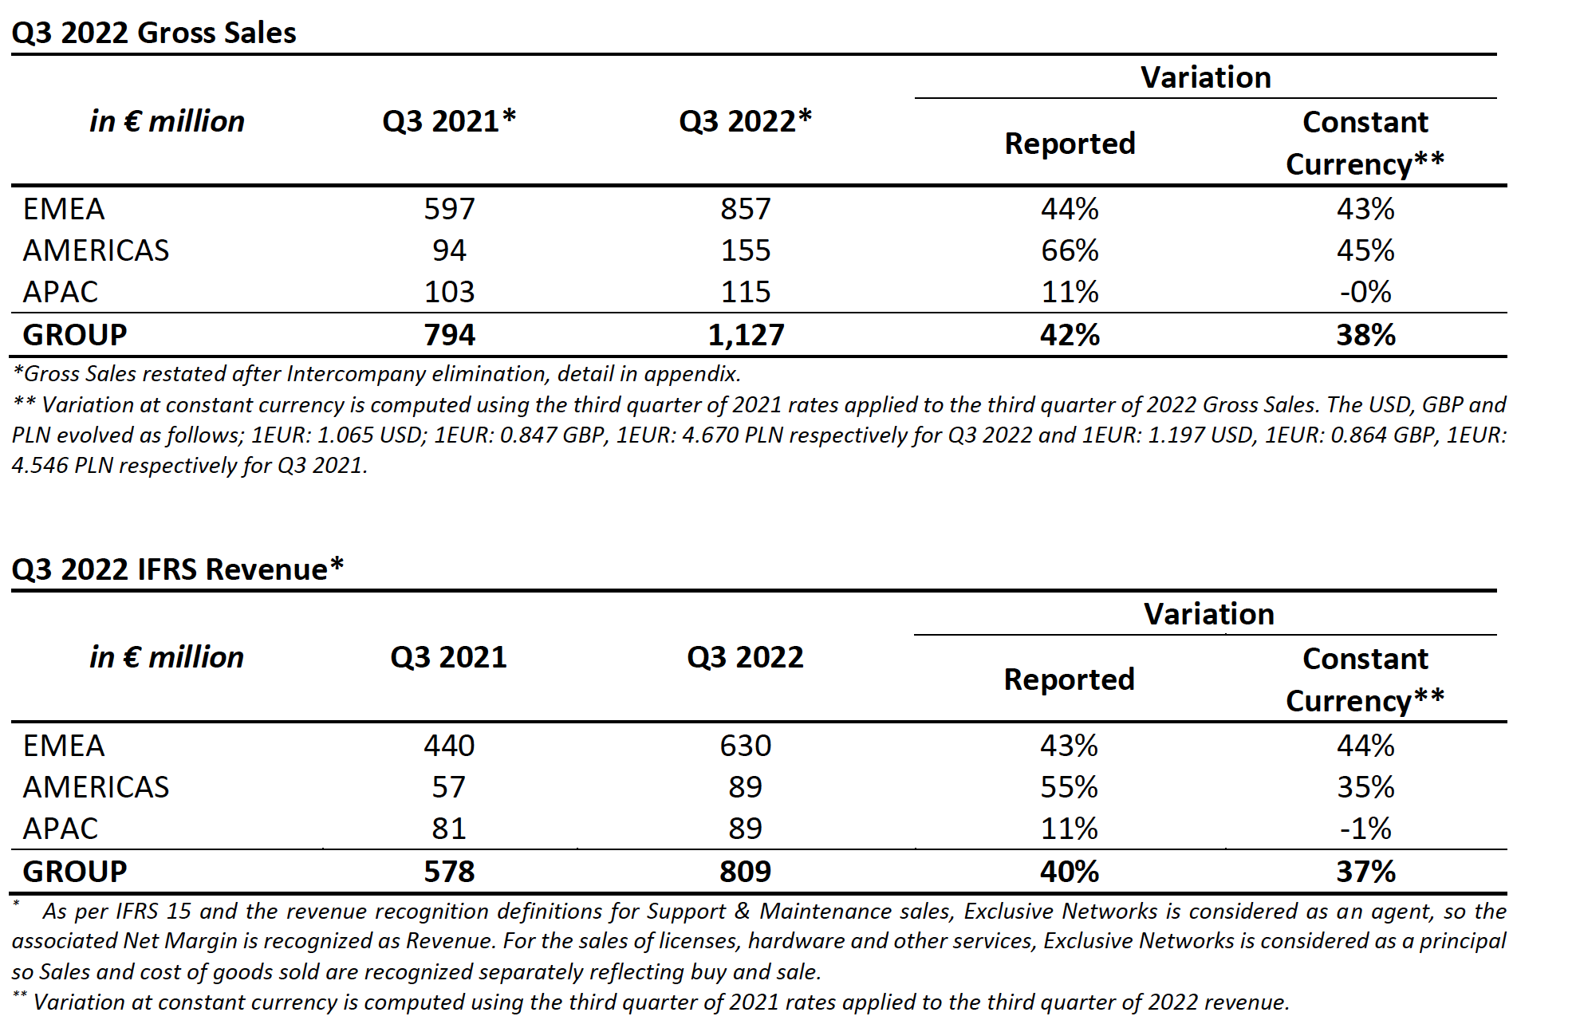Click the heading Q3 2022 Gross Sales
(154, 33)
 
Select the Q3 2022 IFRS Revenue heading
(178, 569)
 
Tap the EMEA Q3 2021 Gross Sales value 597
(449, 209)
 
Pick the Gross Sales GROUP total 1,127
(746, 334)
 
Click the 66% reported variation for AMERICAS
(1070, 250)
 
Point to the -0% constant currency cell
(1365, 292)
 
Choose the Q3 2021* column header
(449, 121)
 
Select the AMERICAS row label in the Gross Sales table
(96, 250)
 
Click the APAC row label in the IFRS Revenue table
(60, 829)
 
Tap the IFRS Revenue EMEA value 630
(746, 746)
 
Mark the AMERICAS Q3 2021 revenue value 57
(449, 787)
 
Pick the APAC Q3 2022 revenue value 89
(746, 829)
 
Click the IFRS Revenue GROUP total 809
(746, 871)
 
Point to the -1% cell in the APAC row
(1365, 829)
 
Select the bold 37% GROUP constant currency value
(1366, 871)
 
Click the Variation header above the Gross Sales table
(1206, 77)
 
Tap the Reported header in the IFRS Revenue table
(1070, 679)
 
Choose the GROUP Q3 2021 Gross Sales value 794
(449, 334)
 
